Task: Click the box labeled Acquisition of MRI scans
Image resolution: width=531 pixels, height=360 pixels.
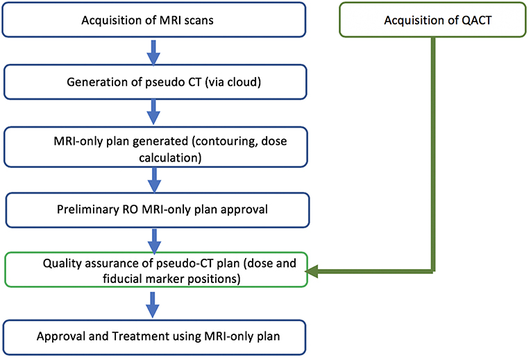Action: (153, 19)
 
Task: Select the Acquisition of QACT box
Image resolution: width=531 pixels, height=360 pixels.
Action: (432, 19)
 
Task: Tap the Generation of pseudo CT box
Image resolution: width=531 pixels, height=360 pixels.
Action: (155, 82)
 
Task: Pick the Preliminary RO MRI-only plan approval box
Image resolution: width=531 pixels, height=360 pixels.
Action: (157, 209)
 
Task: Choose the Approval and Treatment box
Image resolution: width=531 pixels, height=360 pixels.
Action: (154, 337)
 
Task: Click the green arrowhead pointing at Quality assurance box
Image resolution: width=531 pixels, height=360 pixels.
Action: (312, 271)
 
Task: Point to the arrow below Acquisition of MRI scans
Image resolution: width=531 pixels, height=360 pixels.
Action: (153, 53)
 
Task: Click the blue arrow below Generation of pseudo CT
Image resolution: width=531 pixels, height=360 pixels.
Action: (153, 112)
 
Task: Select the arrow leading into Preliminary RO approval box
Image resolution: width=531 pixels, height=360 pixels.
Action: (154, 180)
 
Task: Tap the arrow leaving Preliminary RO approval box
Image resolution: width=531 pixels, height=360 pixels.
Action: (154, 241)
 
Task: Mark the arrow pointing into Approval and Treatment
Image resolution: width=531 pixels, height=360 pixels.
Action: (153, 305)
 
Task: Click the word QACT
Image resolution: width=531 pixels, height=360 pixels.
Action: (476, 20)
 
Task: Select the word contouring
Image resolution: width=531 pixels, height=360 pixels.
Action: (226, 141)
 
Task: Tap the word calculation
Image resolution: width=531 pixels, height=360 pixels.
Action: (168, 157)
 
